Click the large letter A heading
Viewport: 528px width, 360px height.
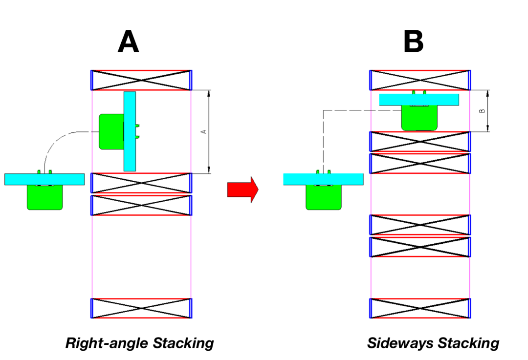click(128, 42)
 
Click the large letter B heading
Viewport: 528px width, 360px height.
click(413, 42)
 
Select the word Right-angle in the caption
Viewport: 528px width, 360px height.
click(107, 343)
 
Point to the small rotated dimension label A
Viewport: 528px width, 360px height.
click(204, 131)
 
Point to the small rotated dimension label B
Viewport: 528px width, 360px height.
click(482, 111)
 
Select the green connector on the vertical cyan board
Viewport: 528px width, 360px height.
click(111, 131)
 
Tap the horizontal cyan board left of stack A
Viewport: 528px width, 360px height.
click(44, 179)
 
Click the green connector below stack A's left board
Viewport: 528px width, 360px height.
click(45, 197)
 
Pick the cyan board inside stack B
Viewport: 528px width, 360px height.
click(419, 100)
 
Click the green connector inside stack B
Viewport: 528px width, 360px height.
click(419, 118)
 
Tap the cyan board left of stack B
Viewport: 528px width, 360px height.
click(323, 179)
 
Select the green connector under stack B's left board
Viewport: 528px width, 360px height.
click(324, 197)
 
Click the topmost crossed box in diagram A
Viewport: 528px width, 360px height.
click(141, 80)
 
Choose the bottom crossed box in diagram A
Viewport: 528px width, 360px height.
click(141, 308)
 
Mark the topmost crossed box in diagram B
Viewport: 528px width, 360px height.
click(420, 80)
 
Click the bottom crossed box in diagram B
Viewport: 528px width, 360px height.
click(420, 308)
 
